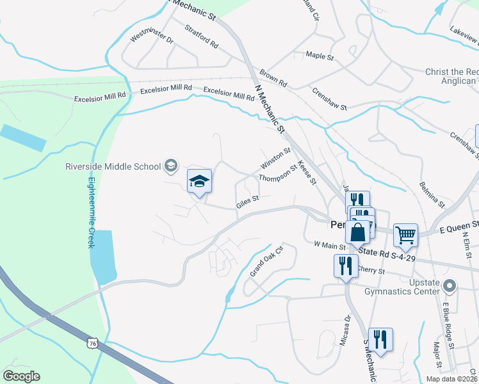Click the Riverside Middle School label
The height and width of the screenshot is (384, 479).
(x=113, y=167)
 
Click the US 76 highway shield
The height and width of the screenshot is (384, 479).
(x=93, y=344)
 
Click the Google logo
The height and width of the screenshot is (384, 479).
(x=21, y=376)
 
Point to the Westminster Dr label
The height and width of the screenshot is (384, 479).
(x=152, y=38)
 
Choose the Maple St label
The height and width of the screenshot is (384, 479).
(x=320, y=57)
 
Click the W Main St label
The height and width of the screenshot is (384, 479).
(x=330, y=244)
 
